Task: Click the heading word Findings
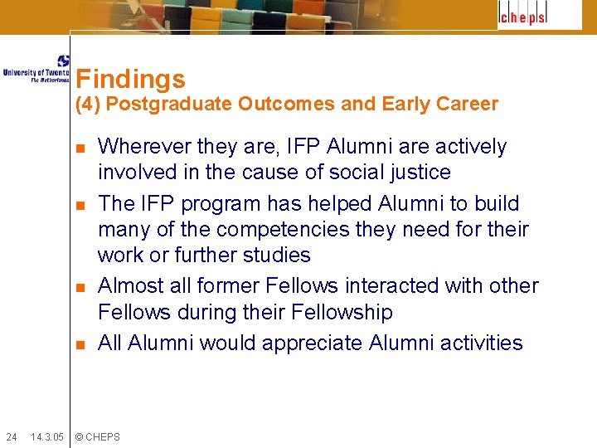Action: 130,80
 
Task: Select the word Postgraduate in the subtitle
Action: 169,105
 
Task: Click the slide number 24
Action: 12,436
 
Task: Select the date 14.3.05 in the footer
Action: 46,436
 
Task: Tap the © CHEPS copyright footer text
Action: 97,436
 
